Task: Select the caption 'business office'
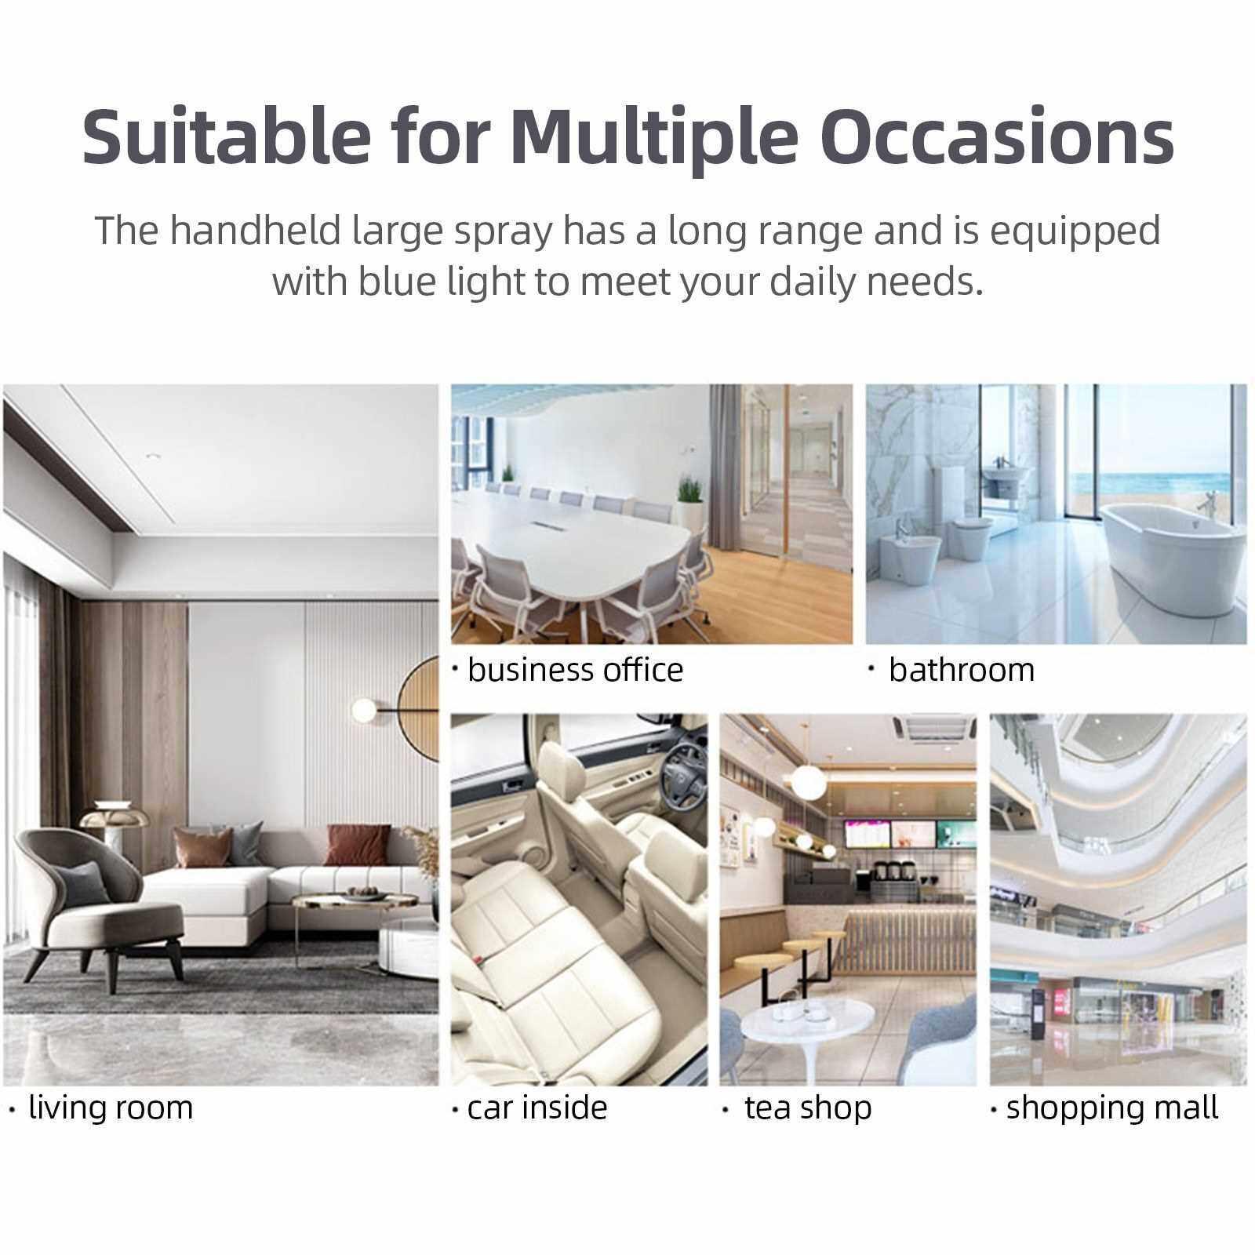575,671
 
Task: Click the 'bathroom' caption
962,671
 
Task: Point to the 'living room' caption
111,1108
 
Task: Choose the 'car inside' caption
537,1108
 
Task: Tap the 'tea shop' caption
808,1108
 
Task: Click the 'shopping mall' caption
1112,1108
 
